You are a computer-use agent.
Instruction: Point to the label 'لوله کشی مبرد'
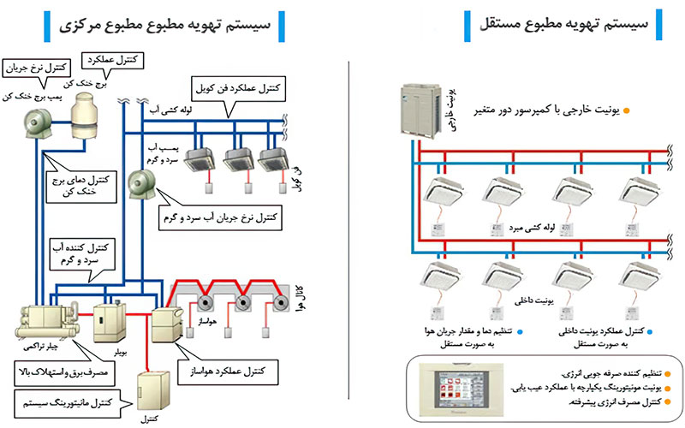coord(535,229)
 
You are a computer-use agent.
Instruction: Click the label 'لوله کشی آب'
coord(160,110)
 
